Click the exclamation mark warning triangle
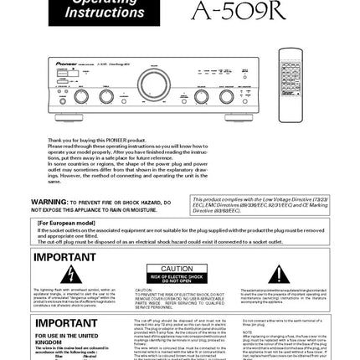pos(279,275)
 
